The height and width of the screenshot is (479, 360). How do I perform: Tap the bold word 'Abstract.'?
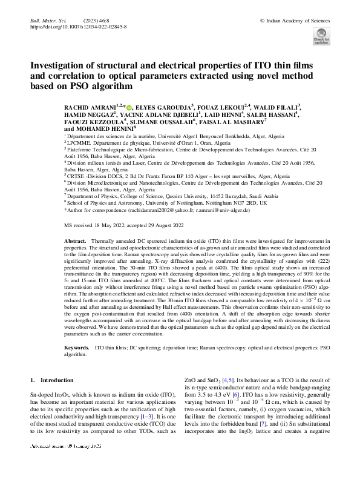pyautogui.click(x=75, y=241)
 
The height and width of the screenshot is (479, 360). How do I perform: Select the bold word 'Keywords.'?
pyautogui.click(x=77, y=349)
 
